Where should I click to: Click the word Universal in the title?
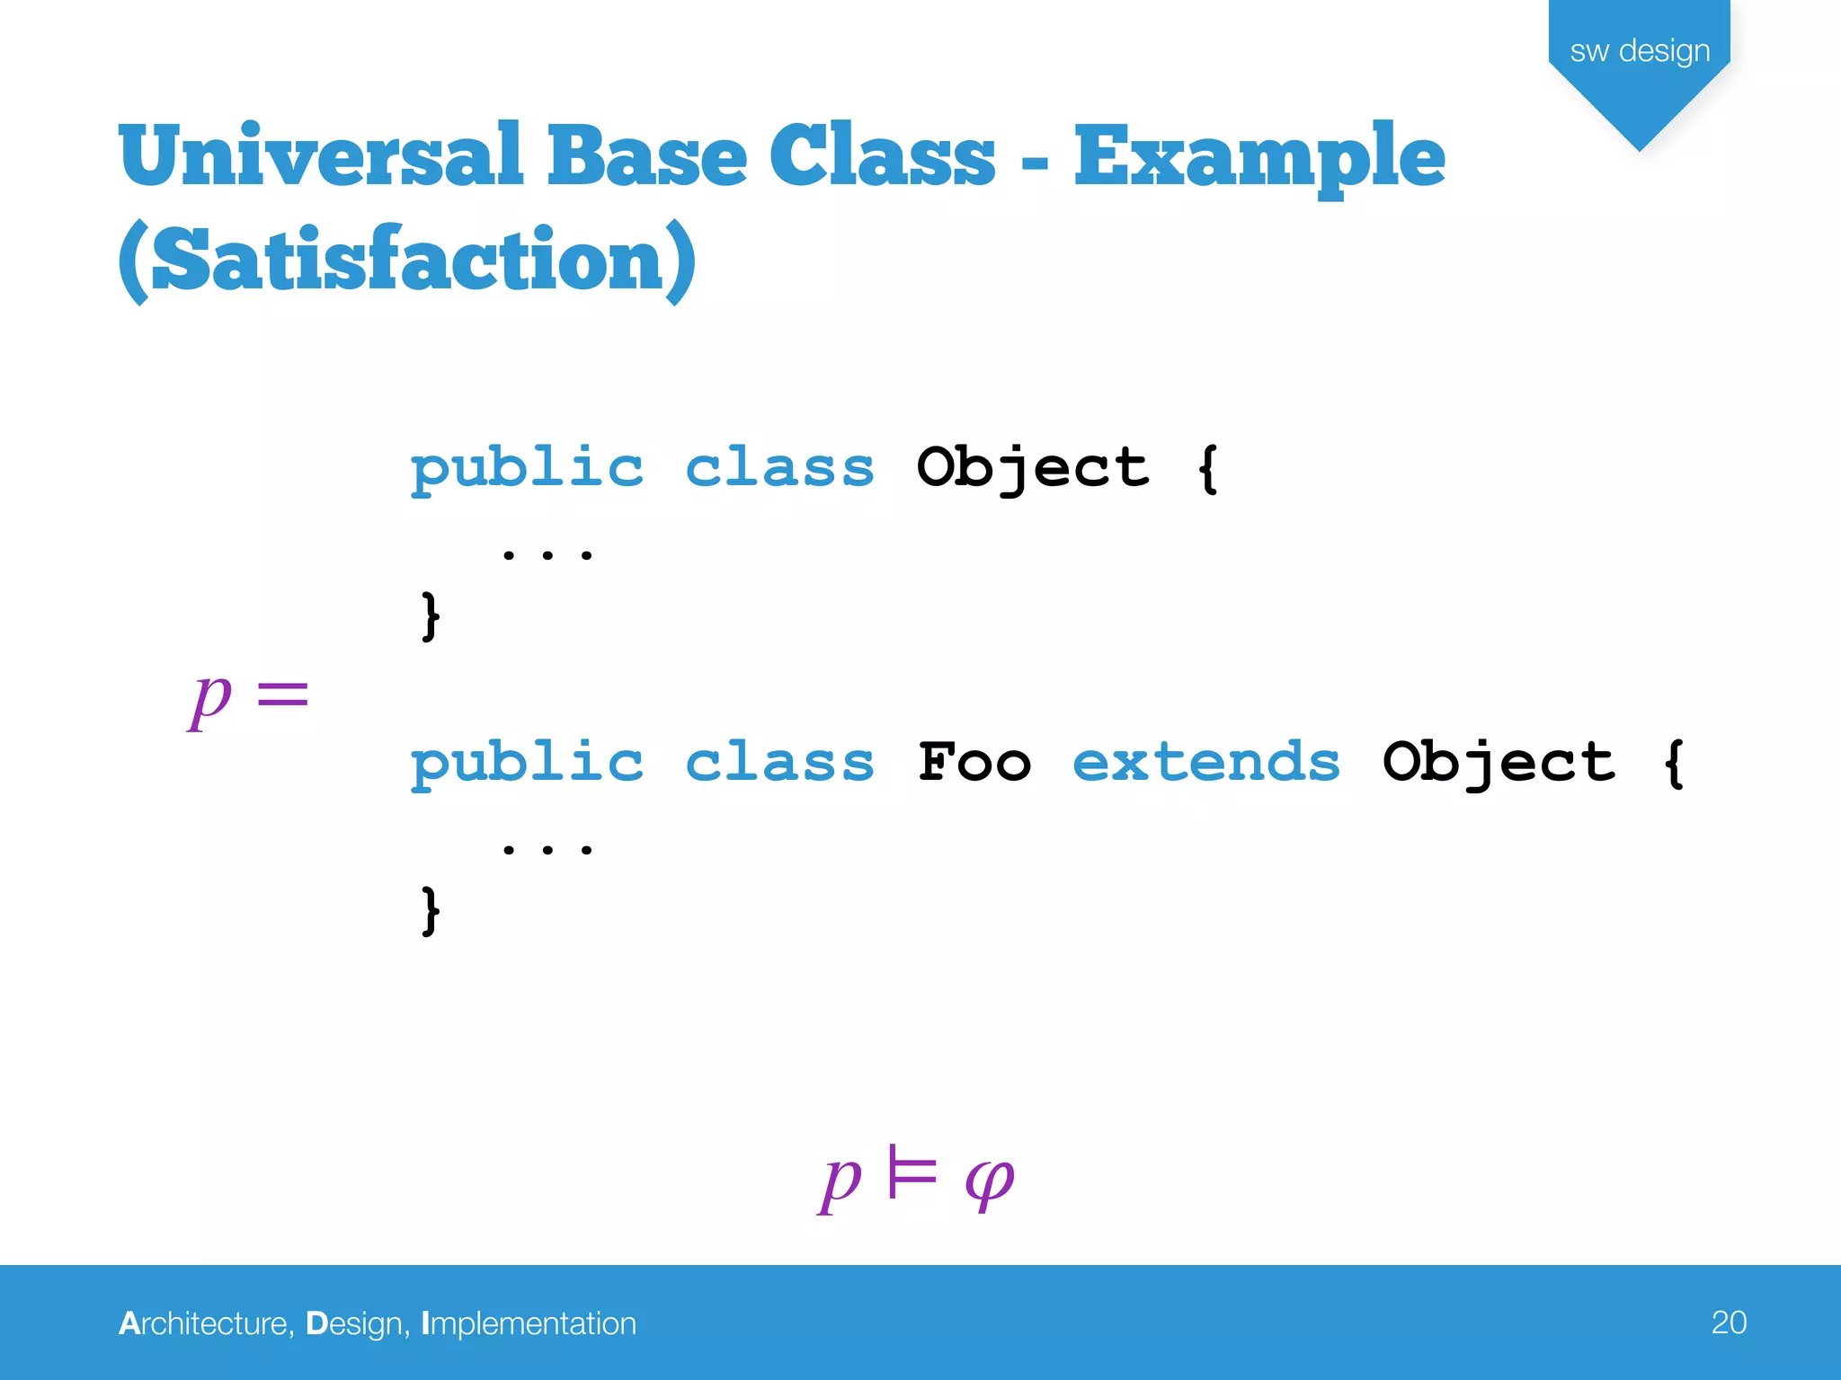[x=321, y=156]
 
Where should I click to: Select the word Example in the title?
[x=1258, y=158]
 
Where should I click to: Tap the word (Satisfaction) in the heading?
[x=407, y=261]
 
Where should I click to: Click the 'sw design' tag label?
[x=1639, y=51]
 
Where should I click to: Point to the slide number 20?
[x=1728, y=1322]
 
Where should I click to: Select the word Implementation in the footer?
[x=529, y=1323]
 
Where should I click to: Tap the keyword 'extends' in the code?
[x=1205, y=763]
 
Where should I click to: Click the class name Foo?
[x=974, y=763]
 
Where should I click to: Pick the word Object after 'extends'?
[x=1499, y=763]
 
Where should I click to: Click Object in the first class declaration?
[x=1033, y=468]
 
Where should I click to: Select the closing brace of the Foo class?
[x=431, y=910]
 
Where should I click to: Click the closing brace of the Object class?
[x=431, y=615]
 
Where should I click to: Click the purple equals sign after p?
[x=282, y=694]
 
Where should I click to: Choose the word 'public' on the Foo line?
[x=527, y=763]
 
